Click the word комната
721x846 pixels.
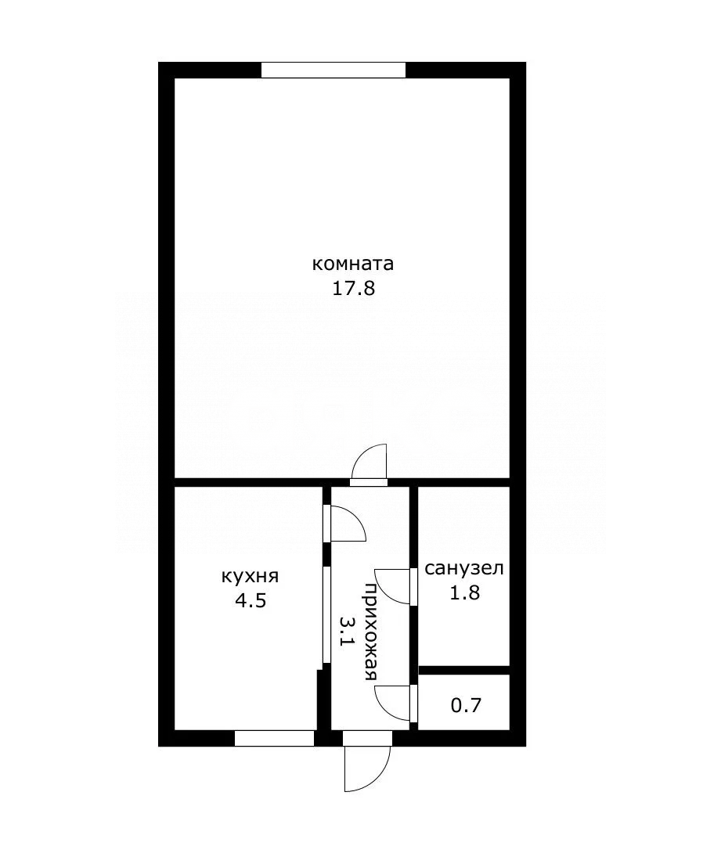coord(353,264)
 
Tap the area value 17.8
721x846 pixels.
coord(354,288)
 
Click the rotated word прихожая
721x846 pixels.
coord(371,632)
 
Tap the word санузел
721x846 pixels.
coord(464,568)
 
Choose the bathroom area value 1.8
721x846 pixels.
coord(464,592)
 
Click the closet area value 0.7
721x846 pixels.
coord(467,705)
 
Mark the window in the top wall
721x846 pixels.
coord(333,70)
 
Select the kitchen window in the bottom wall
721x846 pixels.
coord(274,738)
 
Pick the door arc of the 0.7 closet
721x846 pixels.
coord(391,702)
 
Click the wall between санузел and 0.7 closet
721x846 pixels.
coord(464,670)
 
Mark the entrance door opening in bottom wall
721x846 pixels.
coord(367,738)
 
